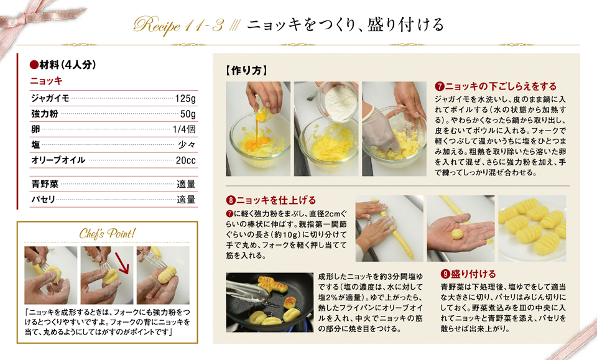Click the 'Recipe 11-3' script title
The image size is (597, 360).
(x=178, y=26)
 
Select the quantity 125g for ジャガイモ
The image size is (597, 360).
(x=185, y=99)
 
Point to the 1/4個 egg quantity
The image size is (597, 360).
(x=184, y=129)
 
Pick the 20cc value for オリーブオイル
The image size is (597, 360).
(x=186, y=160)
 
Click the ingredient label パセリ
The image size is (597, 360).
(x=44, y=200)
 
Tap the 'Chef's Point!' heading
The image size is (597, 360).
(x=108, y=233)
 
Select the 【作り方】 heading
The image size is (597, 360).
(x=246, y=70)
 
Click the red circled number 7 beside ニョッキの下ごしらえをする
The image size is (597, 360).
(x=440, y=86)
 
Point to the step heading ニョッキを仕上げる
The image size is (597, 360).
(x=276, y=200)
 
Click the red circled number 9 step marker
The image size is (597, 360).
(x=445, y=274)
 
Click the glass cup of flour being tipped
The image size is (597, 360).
(x=336, y=101)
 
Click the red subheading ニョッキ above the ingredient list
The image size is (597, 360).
(x=46, y=81)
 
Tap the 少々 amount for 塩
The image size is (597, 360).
(x=187, y=145)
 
